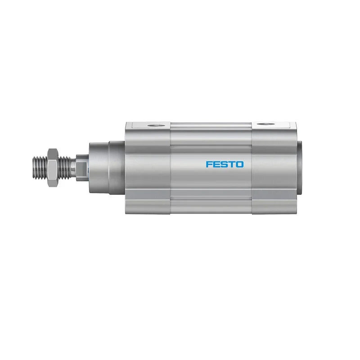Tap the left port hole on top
point(155,126)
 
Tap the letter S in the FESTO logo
point(224,164)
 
